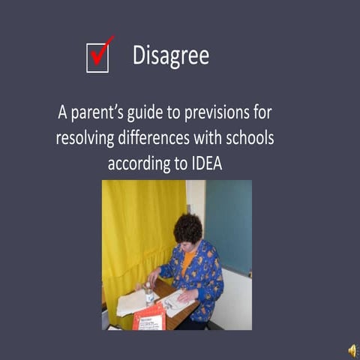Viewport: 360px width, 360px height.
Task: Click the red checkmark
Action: (x=101, y=52)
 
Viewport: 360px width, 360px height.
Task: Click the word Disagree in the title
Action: (x=170, y=55)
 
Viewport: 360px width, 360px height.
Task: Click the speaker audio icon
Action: (x=351, y=349)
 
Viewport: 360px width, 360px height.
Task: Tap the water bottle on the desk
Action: (x=149, y=293)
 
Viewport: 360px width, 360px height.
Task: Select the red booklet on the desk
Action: (x=148, y=317)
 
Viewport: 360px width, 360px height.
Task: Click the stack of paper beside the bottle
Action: (x=130, y=301)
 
